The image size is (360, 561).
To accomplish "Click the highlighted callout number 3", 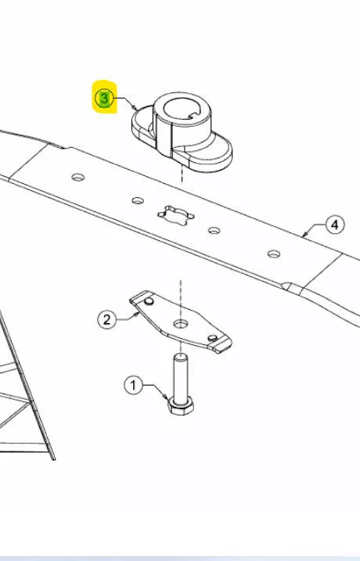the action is (x=104, y=99).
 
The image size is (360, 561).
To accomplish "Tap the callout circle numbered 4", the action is (x=335, y=225).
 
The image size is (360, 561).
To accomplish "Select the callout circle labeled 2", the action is (x=106, y=319).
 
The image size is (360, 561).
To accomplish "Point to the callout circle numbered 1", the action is (x=134, y=385).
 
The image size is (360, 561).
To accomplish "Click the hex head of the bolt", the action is (x=181, y=406).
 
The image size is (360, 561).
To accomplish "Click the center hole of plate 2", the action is (x=181, y=324).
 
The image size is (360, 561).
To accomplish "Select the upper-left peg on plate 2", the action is (x=149, y=301).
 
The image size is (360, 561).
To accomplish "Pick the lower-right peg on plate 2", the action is (x=213, y=338).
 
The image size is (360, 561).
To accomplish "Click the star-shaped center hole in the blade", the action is (x=176, y=215).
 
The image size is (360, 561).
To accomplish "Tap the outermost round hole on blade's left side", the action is (x=78, y=177).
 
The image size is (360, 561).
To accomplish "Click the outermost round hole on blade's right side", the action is (x=274, y=254).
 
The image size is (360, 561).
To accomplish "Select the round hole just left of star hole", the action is (x=138, y=200).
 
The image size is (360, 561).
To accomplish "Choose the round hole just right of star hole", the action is (x=214, y=230).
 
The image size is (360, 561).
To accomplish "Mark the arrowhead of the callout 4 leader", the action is (x=304, y=235).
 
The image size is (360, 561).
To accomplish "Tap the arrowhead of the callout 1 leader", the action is (x=165, y=397).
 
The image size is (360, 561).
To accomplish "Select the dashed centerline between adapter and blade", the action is (x=182, y=175).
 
